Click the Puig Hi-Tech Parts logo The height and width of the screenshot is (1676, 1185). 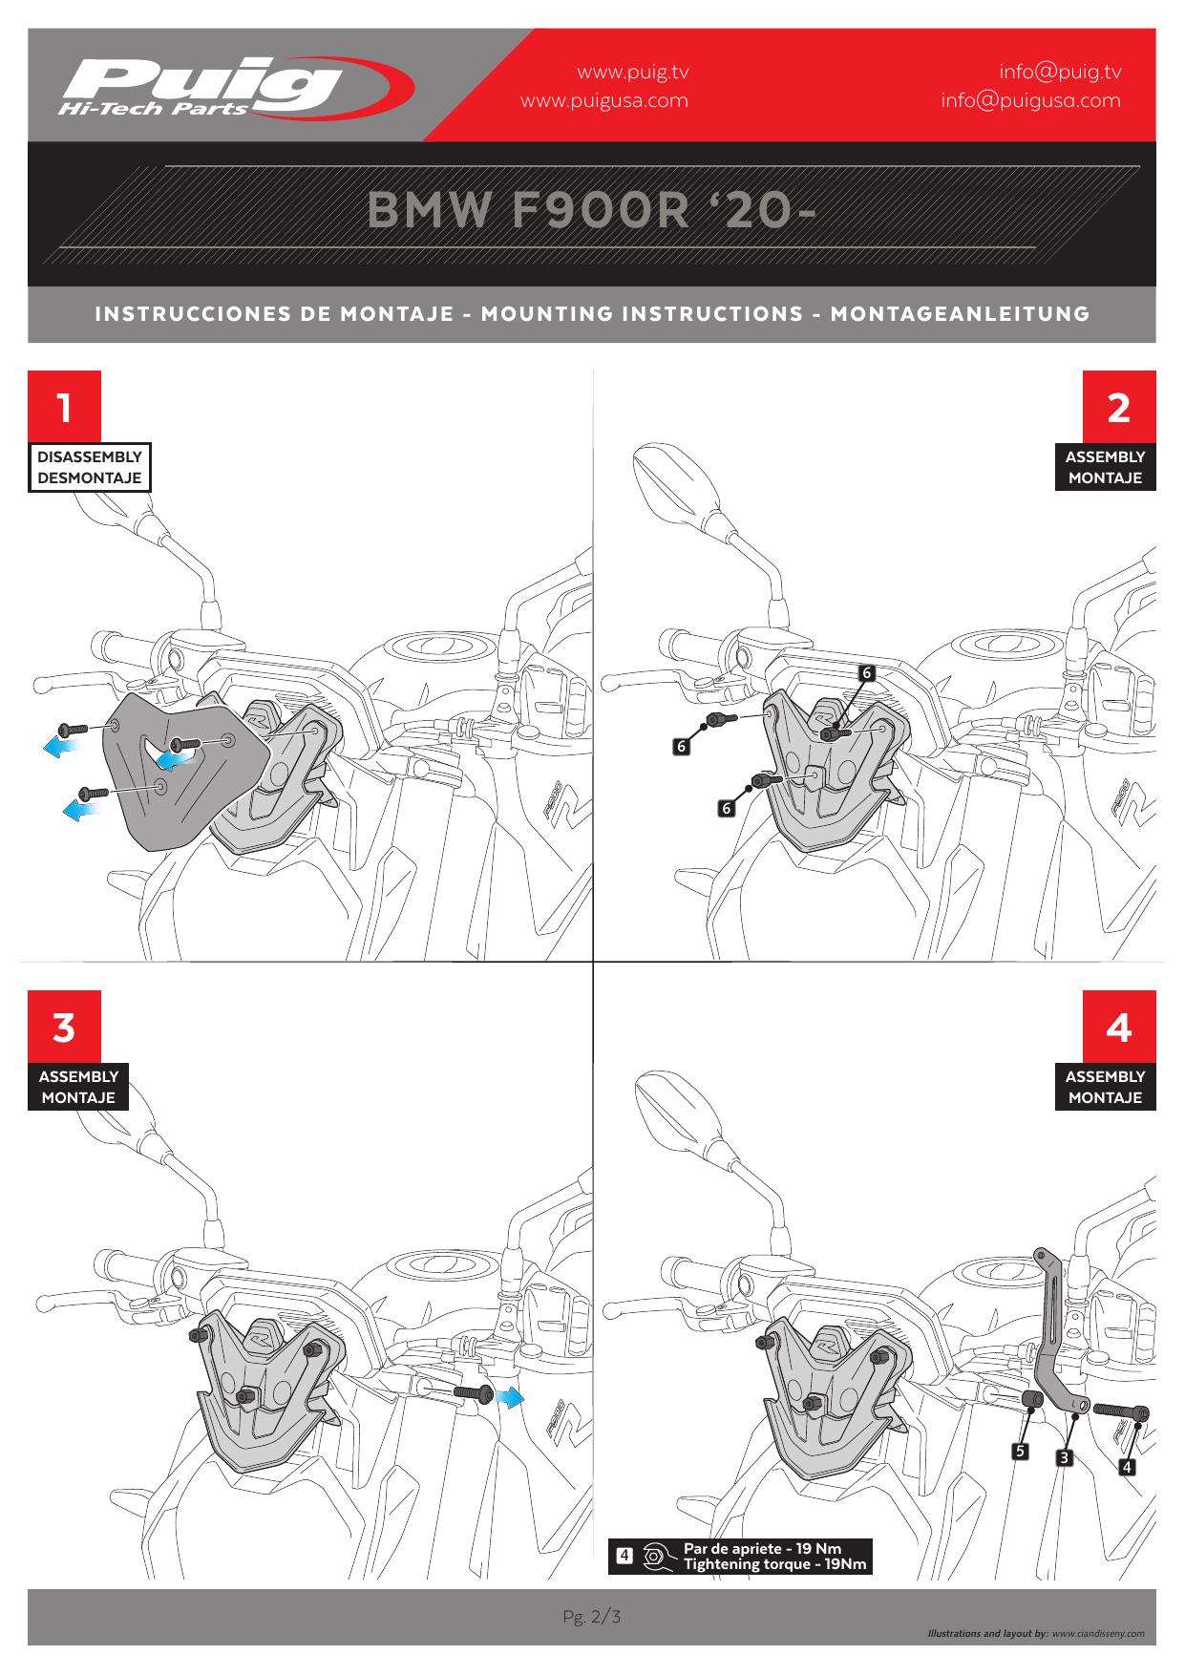234,88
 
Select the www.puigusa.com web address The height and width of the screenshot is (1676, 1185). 603,100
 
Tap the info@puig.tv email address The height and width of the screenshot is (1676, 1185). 1060,72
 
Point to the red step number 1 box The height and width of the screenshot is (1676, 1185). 64,407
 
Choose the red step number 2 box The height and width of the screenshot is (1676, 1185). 1118,407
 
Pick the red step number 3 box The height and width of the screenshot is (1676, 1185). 64,1027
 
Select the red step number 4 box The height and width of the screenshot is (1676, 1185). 1118,1027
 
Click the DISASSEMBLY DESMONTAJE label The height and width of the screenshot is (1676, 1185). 90,467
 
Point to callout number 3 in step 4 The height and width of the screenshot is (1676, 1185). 1063,1457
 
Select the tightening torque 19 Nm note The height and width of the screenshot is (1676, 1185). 774,1556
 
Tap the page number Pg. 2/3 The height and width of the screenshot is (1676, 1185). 592,1617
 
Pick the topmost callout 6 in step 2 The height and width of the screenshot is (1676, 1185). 866,673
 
